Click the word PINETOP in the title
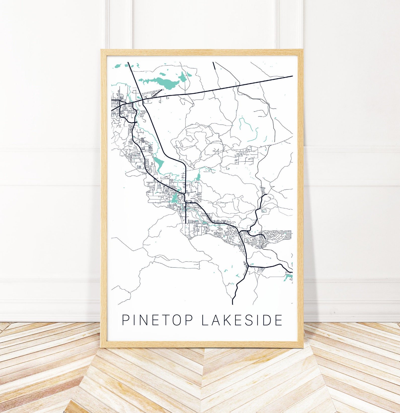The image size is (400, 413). [x=158, y=320]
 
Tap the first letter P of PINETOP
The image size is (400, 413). [x=125, y=320]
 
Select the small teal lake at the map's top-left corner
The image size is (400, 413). [x=118, y=66]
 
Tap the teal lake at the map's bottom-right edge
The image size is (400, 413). [x=287, y=278]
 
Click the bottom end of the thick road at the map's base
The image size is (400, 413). [x=232, y=304]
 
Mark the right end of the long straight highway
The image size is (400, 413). [x=292, y=76]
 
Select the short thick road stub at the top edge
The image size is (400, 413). [x=214, y=66]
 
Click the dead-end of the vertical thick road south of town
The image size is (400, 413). [x=186, y=223]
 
